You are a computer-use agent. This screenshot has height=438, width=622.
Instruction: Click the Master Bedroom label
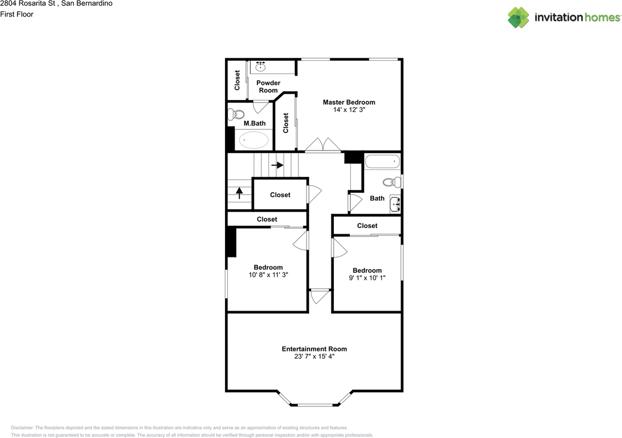pos(349,102)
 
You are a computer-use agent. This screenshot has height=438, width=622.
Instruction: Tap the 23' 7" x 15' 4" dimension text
pos(314,356)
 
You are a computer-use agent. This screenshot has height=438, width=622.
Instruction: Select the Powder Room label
pos(268,86)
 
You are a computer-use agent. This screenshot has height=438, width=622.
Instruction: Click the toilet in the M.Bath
pos(237,115)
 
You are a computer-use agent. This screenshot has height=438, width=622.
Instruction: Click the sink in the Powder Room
pos(261,67)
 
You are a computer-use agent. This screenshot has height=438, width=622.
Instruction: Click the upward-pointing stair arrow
pos(239,193)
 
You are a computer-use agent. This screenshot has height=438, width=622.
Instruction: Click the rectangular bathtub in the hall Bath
pos(382,161)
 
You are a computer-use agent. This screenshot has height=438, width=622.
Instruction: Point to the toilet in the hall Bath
pos(391,182)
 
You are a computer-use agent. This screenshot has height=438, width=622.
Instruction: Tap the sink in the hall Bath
pos(395,204)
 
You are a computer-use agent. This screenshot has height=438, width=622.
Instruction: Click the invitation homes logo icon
pos(518,17)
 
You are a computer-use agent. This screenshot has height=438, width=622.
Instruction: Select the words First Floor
pos(17,14)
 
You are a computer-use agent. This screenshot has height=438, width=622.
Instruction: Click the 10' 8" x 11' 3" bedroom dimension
pos(268,275)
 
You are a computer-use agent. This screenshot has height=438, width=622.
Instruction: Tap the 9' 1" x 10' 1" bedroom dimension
pos(367,278)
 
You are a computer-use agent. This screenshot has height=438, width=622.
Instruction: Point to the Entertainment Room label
pos(314,349)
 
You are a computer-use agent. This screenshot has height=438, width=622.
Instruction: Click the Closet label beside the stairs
pos(280,195)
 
